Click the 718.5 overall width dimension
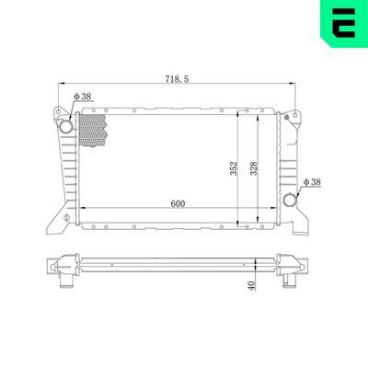point(177,80)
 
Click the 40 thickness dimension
point(250,287)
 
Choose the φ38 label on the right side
point(311,181)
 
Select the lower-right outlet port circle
point(292,199)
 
